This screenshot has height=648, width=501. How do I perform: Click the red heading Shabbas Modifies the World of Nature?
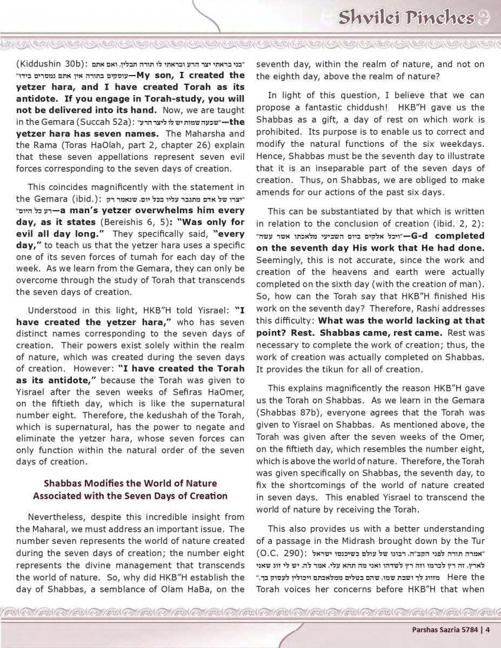coord(130,483)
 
